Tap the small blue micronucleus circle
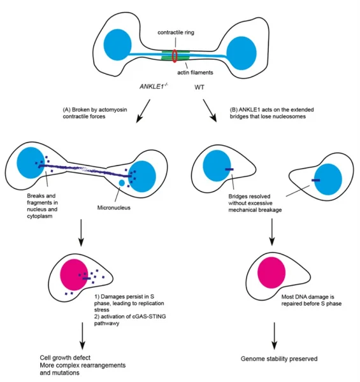point(122,183)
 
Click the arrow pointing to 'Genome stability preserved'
point(273,333)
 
